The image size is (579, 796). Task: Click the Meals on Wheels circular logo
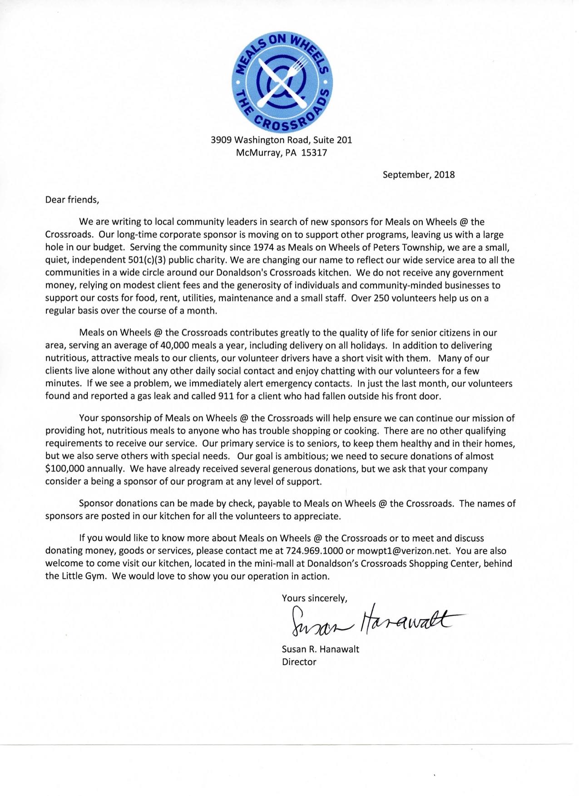tap(282, 80)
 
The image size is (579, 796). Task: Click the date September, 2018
tap(418, 175)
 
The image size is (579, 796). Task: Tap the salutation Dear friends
tap(72, 200)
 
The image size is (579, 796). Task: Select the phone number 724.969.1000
tap(314, 551)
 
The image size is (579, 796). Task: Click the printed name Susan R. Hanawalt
tap(320, 649)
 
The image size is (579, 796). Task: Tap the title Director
tap(299, 662)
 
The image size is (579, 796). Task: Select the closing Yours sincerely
tap(314, 598)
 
